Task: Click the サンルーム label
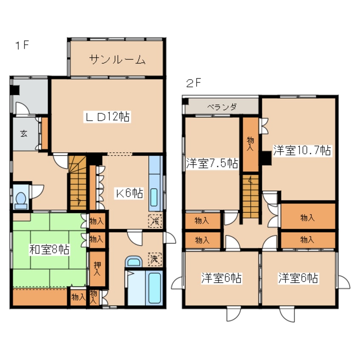click(117, 60)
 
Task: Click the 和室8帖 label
click(49, 249)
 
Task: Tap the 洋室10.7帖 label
click(302, 150)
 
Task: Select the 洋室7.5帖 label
click(211, 163)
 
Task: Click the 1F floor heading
click(22, 45)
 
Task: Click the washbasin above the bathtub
click(134, 262)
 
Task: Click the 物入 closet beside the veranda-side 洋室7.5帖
click(250, 143)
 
